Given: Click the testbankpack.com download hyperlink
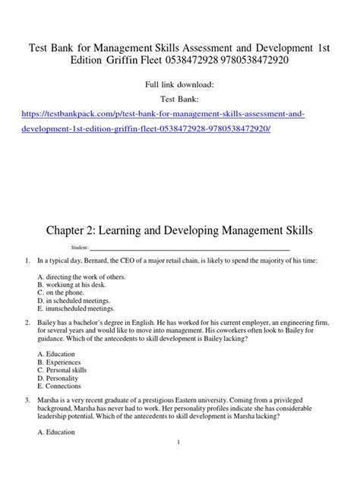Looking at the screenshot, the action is [x=179, y=112].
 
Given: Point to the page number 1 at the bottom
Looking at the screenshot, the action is [x=180, y=464].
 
